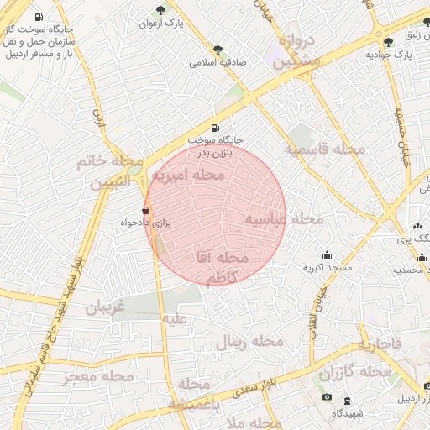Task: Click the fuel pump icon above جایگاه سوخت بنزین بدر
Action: tap(216, 128)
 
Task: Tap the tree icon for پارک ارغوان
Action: tap(160, 10)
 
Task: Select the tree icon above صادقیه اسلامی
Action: tap(218, 50)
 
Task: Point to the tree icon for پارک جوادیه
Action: tap(387, 42)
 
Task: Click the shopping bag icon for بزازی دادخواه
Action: tap(146, 210)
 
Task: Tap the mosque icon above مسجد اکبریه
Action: tap(327, 254)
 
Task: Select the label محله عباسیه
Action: tap(284, 219)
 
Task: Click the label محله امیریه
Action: tap(195, 176)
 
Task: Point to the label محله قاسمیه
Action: tap(324, 149)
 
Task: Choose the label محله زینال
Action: tap(250, 342)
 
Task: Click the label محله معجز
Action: tap(98, 377)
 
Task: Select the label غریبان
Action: tap(105, 307)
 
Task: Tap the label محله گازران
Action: tap(356, 370)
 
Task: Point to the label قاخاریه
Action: tap(380, 344)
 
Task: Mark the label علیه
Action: tap(175, 320)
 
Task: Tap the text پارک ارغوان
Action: tap(160, 24)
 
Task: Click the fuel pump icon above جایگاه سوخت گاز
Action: tap(39, 17)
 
